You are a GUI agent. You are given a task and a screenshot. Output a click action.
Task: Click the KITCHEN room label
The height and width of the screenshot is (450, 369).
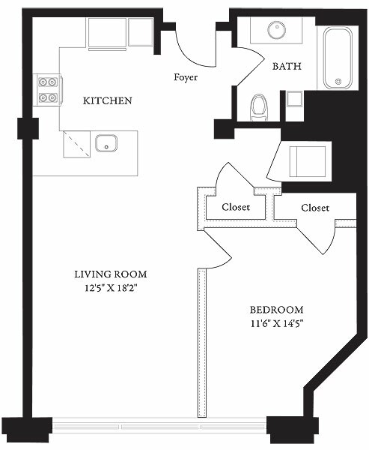[x=108, y=100]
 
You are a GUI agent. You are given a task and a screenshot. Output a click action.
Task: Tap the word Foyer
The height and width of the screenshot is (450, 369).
[x=186, y=76]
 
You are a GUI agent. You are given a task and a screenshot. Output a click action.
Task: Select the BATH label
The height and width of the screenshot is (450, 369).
[x=287, y=66]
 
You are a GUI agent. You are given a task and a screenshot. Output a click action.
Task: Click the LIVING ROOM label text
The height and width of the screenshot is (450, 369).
[x=110, y=274]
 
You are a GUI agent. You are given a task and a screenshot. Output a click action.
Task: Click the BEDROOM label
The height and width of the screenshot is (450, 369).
[x=276, y=310]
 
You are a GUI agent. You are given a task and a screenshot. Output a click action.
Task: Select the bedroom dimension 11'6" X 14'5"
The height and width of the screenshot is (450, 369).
[x=276, y=324]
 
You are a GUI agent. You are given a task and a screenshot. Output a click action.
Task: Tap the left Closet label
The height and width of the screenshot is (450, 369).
[x=236, y=207]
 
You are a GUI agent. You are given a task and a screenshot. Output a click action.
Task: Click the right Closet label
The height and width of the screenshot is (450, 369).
[x=315, y=207]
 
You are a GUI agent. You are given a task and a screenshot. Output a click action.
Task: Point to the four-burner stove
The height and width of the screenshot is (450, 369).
[x=47, y=90]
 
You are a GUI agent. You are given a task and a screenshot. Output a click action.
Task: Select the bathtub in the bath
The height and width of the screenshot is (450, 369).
[x=338, y=58]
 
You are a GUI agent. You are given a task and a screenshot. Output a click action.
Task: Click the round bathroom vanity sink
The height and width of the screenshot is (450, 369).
[x=274, y=30]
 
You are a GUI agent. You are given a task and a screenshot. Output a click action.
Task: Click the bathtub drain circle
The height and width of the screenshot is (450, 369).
[x=338, y=80]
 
